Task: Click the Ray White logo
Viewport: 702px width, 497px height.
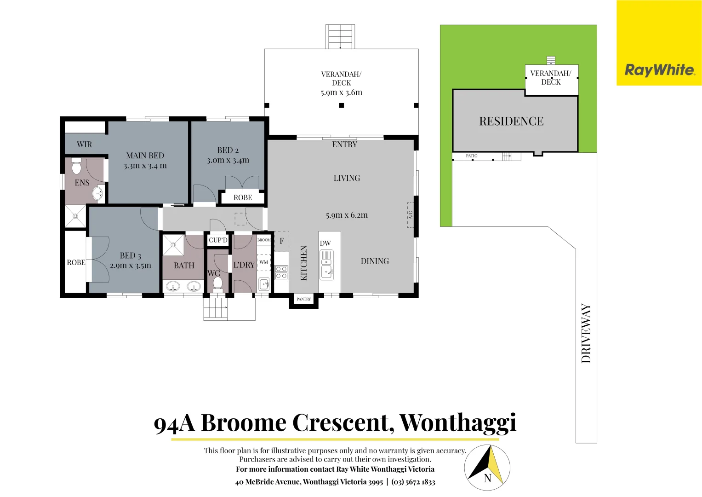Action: [659, 70]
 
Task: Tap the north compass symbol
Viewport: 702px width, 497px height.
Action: [487, 468]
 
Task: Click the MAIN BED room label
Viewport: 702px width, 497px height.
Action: [145, 156]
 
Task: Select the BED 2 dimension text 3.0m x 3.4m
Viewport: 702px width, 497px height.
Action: [228, 160]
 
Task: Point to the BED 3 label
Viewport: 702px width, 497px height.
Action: [130, 255]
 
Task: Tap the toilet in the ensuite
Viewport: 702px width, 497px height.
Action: [76, 167]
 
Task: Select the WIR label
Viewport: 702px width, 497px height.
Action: [84, 144]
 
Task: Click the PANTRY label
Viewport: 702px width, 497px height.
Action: [303, 299]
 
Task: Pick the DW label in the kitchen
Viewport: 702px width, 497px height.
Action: [325, 243]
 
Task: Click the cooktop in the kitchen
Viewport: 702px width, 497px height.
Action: [281, 272]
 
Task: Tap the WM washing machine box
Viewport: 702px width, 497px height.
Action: [263, 262]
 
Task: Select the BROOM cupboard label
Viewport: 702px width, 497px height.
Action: [264, 240]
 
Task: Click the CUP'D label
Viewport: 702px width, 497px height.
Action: [218, 240]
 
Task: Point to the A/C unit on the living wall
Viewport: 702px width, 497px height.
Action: [410, 215]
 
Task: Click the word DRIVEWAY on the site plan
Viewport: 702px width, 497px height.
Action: [586, 333]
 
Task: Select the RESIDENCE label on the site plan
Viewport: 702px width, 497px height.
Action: [511, 121]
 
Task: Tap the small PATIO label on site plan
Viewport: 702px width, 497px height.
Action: [471, 156]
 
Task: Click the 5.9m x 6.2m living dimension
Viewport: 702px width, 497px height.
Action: [347, 215]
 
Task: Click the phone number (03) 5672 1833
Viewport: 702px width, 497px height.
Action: [413, 482]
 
